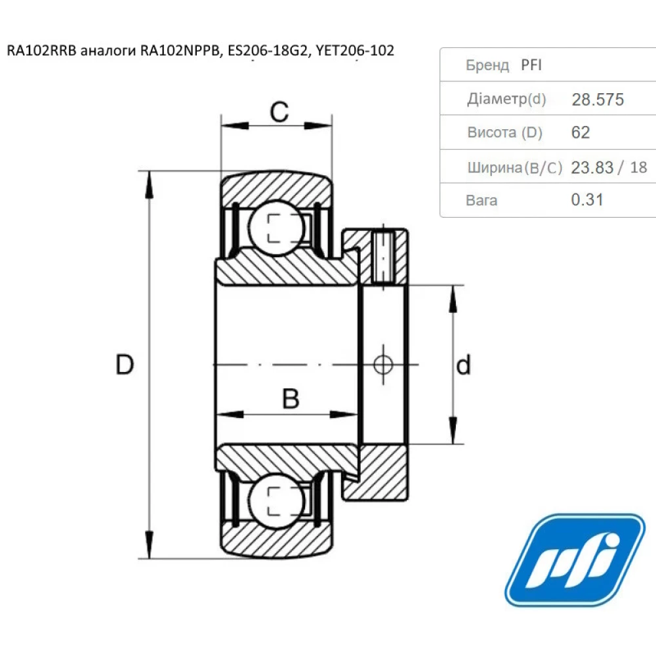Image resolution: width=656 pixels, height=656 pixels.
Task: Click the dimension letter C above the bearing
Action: pos(279,112)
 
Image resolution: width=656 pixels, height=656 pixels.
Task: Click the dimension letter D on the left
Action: pos(125,364)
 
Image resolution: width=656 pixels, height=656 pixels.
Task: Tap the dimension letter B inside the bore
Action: pos(290,398)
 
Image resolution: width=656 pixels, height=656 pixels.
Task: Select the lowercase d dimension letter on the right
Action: pos(464,365)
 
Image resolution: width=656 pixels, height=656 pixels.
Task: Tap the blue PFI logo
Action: pos(575,560)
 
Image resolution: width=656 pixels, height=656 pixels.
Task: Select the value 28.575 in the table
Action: pos(598,100)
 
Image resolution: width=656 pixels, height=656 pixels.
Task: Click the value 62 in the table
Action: pos(581,133)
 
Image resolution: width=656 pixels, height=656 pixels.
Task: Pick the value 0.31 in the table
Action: pos(587,199)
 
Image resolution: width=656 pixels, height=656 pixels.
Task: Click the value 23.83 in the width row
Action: pos(592,167)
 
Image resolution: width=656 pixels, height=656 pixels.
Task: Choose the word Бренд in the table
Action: pos(487,65)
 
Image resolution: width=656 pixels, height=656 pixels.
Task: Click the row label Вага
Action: pos(482,200)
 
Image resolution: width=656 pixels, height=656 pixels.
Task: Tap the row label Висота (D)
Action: pos(504,133)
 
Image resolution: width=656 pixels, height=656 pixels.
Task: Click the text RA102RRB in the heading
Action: pos(41,51)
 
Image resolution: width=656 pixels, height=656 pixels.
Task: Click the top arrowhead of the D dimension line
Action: pos(150,181)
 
